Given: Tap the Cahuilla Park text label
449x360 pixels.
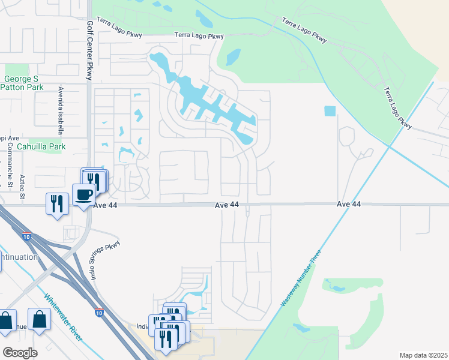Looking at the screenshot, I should click(40, 146).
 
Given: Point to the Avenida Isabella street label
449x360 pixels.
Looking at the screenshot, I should click(61, 109).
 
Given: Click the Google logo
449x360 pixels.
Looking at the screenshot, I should click(20, 352).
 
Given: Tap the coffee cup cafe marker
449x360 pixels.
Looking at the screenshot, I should click(83, 194).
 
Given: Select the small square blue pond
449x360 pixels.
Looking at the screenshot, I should click(330, 111).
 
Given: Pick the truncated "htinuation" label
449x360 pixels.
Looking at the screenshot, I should click(19, 257).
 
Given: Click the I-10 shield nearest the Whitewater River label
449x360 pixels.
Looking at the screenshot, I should click(98, 313).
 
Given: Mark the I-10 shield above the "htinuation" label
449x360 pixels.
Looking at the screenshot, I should click(26, 237).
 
